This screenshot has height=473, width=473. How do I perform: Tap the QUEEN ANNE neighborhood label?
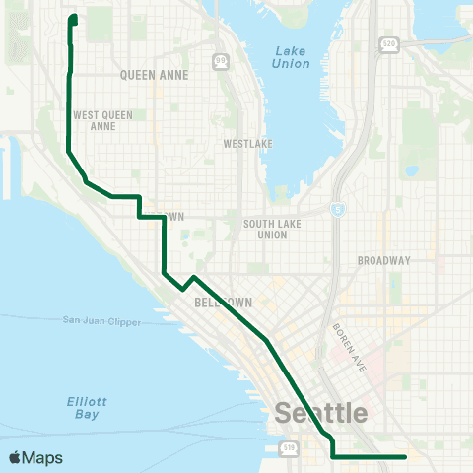(x=148, y=74)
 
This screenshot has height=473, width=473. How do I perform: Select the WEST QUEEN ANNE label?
(x=102, y=120)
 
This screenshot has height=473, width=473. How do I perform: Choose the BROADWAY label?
(x=383, y=260)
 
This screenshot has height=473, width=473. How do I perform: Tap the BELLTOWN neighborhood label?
(x=225, y=302)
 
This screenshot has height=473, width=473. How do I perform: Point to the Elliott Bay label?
(x=86, y=408)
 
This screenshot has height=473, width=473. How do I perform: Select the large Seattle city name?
(x=322, y=413)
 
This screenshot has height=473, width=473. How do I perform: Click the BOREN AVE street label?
(x=350, y=347)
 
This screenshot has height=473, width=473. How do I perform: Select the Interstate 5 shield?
(x=338, y=209)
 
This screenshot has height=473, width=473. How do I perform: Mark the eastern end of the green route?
(x=405, y=456)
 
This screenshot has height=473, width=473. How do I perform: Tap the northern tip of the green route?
(x=74, y=17)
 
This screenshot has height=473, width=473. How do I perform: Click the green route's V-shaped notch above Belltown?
(x=183, y=289)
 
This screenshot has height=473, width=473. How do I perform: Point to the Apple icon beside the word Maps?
(x=14, y=457)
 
